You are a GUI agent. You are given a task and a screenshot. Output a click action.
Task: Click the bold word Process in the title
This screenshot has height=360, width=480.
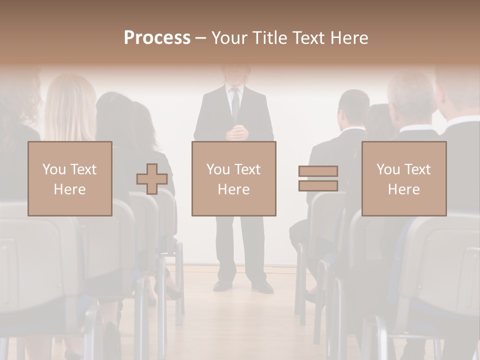click(x=157, y=38)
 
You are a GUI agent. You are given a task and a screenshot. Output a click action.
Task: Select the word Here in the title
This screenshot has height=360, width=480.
click(x=347, y=38)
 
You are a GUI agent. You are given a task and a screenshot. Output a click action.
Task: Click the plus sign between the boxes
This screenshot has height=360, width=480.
click(x=152, y=179)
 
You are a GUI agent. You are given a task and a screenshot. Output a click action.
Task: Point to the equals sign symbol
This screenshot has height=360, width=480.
click(x=318, y=178)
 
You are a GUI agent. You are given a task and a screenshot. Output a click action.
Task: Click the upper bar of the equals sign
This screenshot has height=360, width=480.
click(x=318, y=171)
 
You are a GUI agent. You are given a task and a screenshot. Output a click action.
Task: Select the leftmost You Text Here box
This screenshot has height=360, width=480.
click(x=70, y=179)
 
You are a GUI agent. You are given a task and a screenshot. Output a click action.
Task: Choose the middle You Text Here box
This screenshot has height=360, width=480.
click(x=233, y=179)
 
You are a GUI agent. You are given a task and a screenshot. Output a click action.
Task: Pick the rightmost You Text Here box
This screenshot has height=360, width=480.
click(x=404, y=179)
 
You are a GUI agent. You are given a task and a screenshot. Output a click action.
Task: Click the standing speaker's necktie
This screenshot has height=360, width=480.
click(x=234, y=102)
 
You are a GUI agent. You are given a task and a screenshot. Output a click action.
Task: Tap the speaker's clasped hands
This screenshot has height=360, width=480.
click(x=236, y=132)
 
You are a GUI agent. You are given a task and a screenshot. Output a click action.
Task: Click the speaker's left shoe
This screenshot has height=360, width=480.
click(x=262, y=286)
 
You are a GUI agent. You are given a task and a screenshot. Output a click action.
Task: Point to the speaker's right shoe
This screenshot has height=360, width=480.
click(x=222, y=285)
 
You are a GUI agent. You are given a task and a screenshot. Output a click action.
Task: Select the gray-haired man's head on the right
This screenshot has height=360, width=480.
click(x=411, y=97)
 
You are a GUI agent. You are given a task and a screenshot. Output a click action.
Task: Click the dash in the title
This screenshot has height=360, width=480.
click(x=200, y=38)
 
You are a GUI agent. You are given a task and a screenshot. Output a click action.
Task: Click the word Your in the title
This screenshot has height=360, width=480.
click(x=229, y=38)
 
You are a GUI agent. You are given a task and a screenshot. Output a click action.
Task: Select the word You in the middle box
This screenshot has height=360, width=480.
click(x=218, y=169)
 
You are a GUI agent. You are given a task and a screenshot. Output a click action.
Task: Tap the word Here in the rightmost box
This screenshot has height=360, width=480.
click(x=404, y=189)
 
